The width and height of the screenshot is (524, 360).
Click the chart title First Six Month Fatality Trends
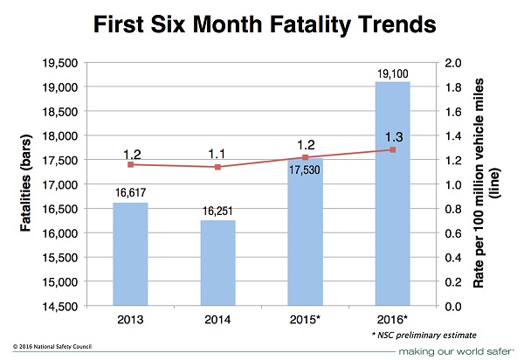pos(262,26)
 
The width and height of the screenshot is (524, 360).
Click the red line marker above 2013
pos(130,164)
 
